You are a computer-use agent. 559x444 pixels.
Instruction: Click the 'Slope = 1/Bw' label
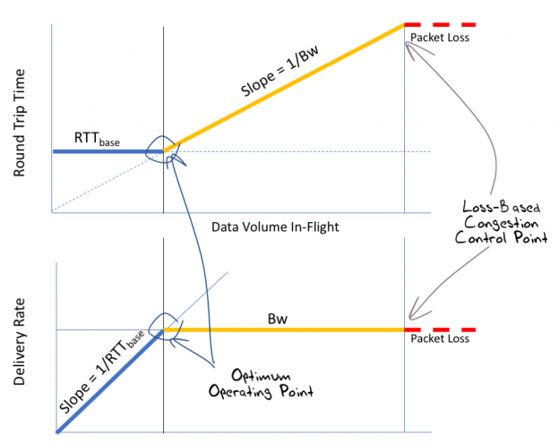[280, 78]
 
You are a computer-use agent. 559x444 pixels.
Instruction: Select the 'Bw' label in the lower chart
[277, 318]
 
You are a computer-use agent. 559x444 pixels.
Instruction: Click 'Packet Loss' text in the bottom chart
[439, 339]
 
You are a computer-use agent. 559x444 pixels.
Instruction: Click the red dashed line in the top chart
[439, 24]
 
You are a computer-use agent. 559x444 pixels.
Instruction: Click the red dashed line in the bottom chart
[439, 330]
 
